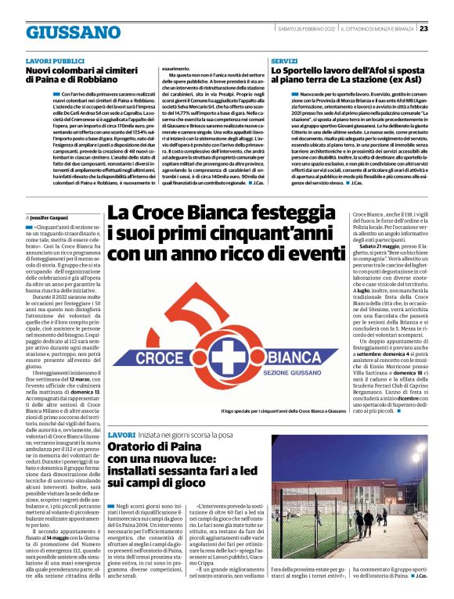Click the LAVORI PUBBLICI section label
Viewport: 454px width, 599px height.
(54, 60)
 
